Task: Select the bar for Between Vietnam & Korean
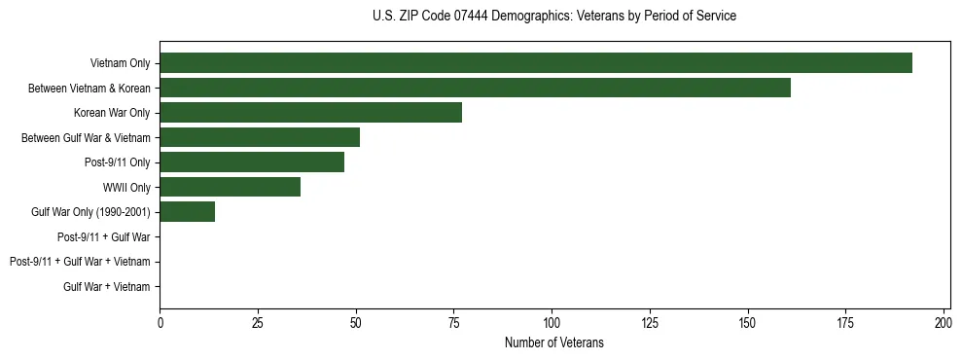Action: coord(475,88)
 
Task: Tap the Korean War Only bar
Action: coord(310,112)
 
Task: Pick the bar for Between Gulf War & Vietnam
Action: coord(260,137)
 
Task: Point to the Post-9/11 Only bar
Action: coord(252,162)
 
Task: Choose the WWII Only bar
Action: coord(230,187)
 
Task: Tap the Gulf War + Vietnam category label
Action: coord(107,286)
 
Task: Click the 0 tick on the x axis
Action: coord(160,322)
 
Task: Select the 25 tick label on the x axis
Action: coord(258,322)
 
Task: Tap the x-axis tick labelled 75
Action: coord(453,322)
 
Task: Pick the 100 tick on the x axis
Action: coord(552,322)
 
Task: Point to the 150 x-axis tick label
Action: coord(747,322)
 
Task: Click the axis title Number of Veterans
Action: coord(554,342)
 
